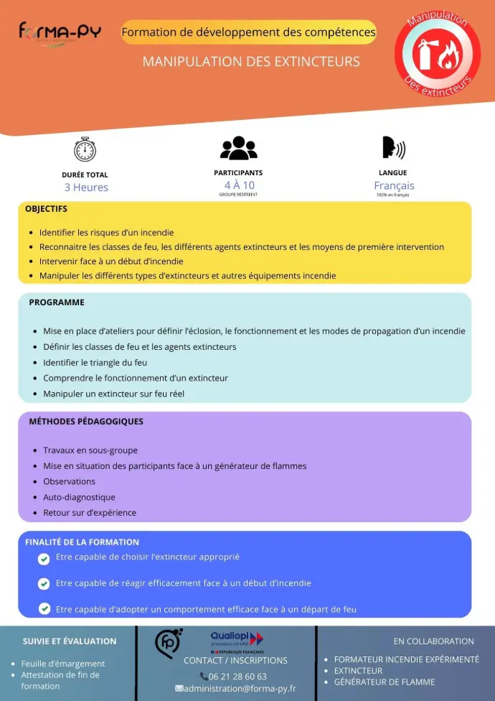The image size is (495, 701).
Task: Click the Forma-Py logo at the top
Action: click(x=60, y=33)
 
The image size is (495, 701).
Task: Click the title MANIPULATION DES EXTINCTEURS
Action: click(x=251, y=62)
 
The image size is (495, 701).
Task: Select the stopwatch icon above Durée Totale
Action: click(x=85, y=149)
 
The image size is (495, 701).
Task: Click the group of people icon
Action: click(x=238, y=148)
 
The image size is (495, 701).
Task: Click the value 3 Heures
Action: click(x=86, y=187)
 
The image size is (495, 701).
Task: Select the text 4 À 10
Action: click(x=239, y=185)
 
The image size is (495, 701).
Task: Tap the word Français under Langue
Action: click(x=394, y=185)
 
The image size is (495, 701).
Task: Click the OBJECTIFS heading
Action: click(x=46, y=209)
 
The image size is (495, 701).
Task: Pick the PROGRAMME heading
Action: click(x=57, y=302)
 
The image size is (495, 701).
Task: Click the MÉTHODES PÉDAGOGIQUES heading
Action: click(x=86, y=422)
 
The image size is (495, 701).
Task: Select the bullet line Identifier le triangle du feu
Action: click(x=95, y=363)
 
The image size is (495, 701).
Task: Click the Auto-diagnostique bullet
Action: click(x=79, y=497)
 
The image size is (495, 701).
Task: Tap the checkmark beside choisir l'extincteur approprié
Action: click(x=44, y=559)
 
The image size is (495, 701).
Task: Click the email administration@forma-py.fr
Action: click(x=240, y=688)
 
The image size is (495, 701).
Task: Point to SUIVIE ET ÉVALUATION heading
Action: click(x=70, y=641)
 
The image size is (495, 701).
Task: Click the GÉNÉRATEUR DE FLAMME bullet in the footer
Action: click(x=384, y=682)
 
